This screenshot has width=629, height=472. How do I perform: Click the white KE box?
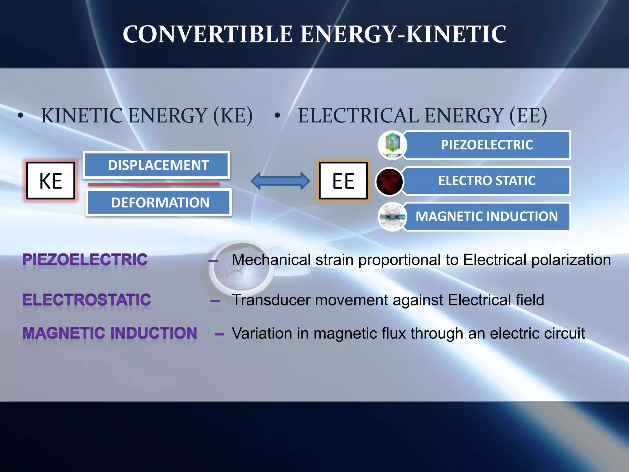51,181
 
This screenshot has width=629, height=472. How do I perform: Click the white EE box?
343,181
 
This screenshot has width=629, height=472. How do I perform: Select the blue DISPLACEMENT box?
157,165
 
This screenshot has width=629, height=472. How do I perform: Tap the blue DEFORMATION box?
159,203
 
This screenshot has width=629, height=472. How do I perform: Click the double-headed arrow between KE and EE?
280,181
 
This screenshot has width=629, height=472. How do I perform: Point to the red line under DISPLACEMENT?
154,184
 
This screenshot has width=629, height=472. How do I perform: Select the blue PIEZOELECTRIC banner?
487,145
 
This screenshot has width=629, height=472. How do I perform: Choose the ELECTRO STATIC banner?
487,181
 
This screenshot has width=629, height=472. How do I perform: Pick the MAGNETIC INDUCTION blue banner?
487,216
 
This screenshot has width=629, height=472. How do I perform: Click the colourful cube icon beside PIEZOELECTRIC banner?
392,144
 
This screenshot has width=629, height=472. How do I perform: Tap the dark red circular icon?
389,182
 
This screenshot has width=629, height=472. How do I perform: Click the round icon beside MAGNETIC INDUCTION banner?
392,217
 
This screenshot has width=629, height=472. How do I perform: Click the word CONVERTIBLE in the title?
207,34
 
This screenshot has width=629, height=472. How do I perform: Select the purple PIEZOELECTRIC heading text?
85,260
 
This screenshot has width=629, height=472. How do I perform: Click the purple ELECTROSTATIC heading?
87,300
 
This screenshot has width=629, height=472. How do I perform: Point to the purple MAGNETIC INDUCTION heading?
110,333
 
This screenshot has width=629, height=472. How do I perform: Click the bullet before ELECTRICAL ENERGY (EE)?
277,116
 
